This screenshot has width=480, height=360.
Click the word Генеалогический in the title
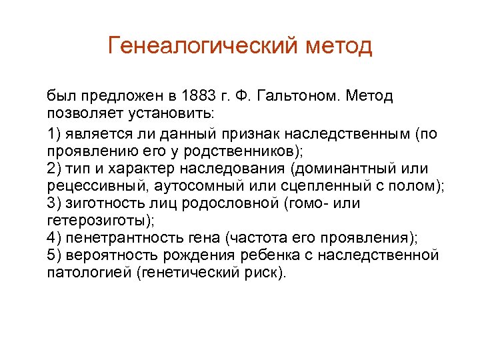click(x=203, y=47)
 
